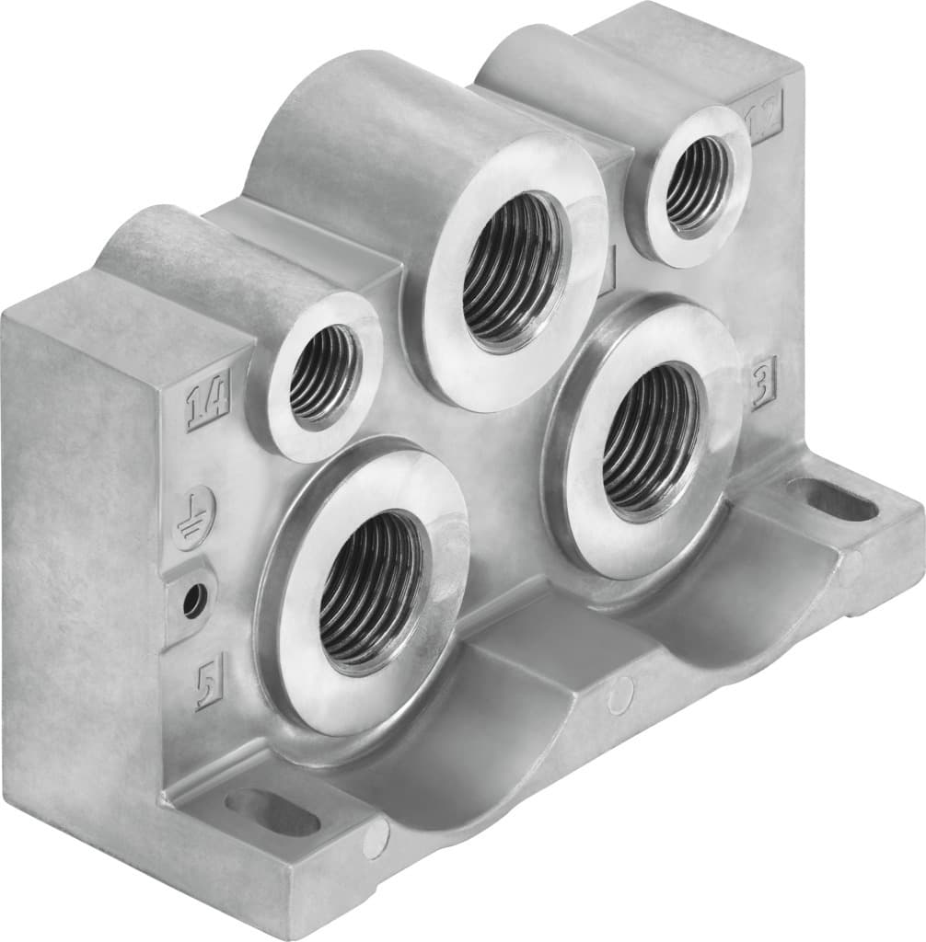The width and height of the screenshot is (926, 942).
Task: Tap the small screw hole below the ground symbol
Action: pyautogui.click(x=192, y=602)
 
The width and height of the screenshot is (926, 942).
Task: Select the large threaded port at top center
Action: pyautogui.click(x=511, y=270)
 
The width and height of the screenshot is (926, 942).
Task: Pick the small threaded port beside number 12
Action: pyautogui.click(x=695, y=183)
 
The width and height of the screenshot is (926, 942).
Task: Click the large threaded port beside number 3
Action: pyautogui.click(x=650, y=438)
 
